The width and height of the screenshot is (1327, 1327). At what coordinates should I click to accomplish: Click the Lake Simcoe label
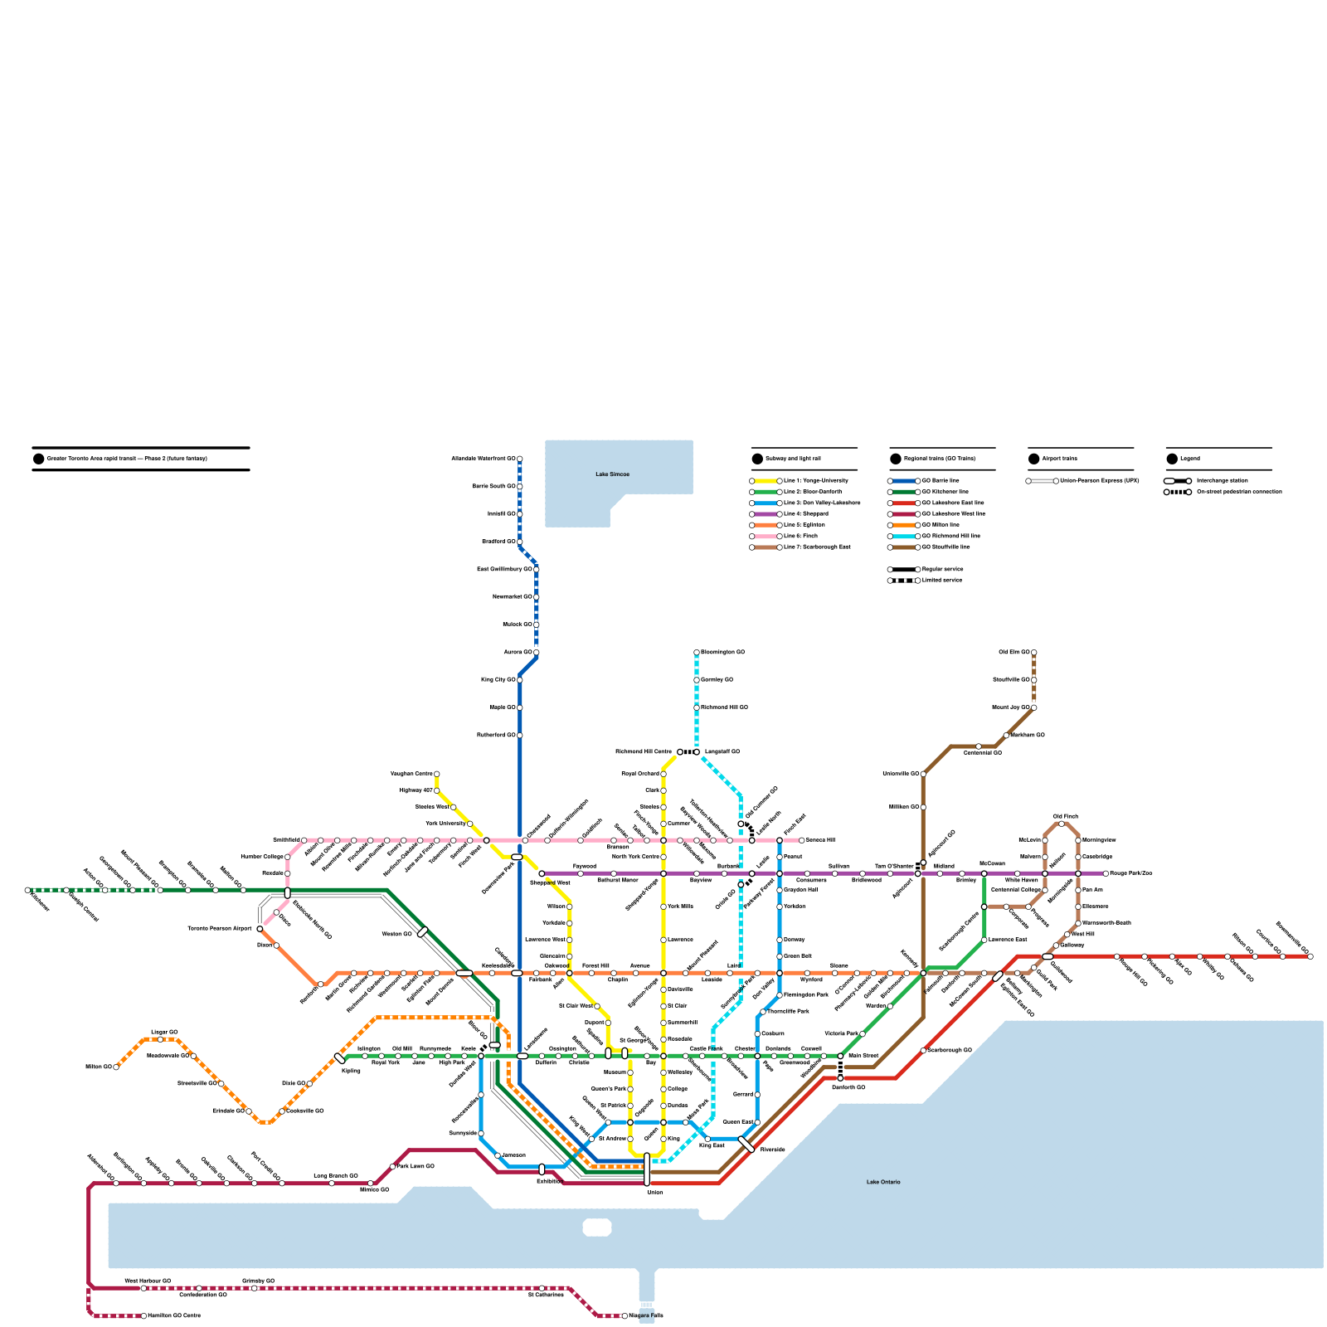pos(612,474)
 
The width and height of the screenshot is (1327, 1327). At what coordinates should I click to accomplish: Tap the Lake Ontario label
pos(882,1182)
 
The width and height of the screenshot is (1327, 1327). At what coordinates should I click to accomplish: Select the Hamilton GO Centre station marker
pos(143,1315)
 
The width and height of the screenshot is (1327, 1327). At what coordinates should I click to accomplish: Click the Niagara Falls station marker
pos(625,1315)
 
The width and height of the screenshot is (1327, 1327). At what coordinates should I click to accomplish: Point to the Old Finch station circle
pos(1062,824)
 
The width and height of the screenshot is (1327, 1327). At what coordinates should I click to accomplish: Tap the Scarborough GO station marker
pos(923,1051)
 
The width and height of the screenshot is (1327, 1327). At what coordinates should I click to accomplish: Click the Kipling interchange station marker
pos(339,1058)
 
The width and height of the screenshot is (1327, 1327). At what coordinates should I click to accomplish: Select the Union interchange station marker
pos(647,1169)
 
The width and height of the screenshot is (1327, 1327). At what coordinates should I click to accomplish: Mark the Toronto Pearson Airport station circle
pos(260,929)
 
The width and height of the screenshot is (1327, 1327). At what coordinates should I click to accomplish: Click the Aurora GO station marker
pos(537,653)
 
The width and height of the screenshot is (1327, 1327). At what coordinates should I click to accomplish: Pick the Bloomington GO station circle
pos(697,653)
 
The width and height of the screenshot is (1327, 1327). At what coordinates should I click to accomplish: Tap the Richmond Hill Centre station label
pos(643,752)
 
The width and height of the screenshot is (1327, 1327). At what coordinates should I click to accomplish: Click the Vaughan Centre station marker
pos(437,774)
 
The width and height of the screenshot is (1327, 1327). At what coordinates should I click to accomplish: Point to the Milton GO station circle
pos(116,1067)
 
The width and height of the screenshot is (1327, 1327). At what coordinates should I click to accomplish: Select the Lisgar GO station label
pos(163,1032)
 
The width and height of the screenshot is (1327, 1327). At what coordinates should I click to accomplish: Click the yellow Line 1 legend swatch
pos(766,481)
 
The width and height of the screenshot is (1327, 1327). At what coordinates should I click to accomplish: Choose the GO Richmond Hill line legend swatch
pos(904,537)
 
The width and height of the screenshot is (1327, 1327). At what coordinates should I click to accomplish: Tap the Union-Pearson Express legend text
pos(1099,481)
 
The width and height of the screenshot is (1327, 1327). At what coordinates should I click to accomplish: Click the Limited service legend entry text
pos(942,581)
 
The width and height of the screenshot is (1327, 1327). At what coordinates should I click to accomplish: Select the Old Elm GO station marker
pos(1033,653)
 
